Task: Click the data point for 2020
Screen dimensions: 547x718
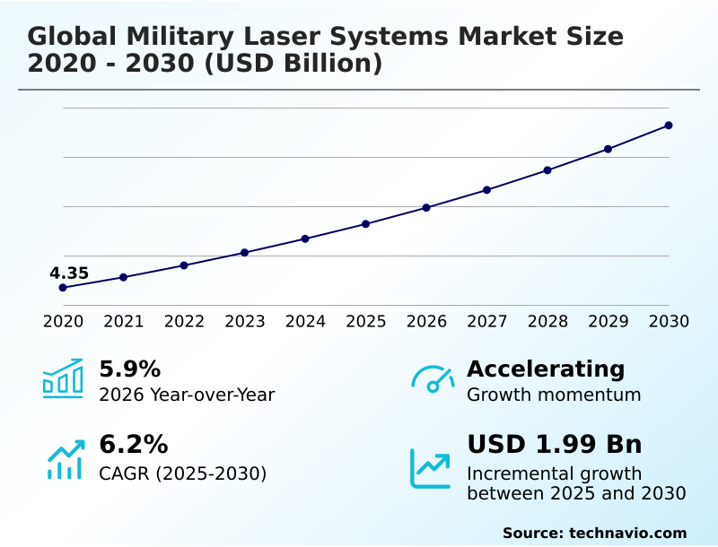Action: pos(63,288)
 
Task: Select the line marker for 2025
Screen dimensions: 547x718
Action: pos(366,223)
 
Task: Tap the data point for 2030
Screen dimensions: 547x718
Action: pos(669,126)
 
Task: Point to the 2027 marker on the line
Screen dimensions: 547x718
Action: pos(487,190)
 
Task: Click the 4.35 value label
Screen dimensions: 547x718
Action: pos(69,273)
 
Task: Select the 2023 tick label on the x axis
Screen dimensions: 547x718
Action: pos(245,321)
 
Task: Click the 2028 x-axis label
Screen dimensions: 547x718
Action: pos(547,321)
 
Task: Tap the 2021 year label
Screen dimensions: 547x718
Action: pos(124,321)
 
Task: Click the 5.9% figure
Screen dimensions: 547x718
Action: pos(129,369)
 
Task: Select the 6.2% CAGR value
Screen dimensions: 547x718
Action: pos(133,444)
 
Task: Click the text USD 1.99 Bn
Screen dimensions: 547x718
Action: pos(554,444)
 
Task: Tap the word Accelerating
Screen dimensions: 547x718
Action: pos(546,369)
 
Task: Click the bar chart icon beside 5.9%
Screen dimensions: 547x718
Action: pos(63,378)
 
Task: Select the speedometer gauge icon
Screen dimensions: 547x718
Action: pos(433,378)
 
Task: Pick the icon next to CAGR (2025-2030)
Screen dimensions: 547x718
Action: pos(65,459)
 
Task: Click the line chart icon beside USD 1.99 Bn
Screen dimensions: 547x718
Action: pos(431,467)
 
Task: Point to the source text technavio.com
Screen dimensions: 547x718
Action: pos(627,533)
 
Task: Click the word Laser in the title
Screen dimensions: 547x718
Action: pos(259,37)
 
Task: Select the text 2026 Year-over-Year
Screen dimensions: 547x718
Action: pos(187,395)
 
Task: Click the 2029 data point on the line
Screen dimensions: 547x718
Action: pos(609,149)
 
